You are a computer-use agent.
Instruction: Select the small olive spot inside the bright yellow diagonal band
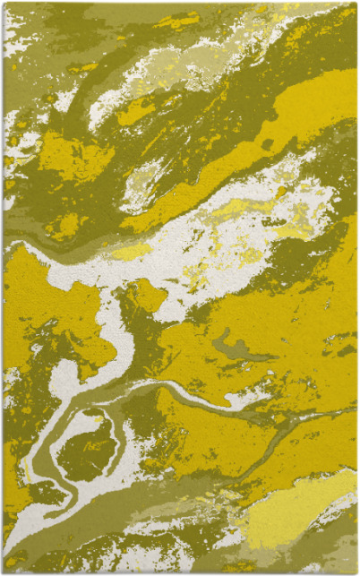point(267,143)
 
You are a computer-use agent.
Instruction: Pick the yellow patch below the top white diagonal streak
point(134,112)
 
